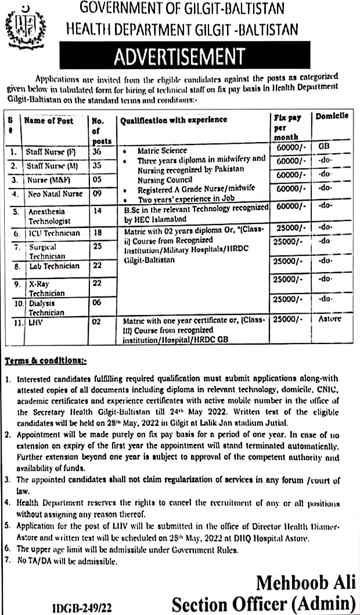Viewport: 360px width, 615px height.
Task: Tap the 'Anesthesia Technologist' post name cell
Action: tap(49, 216)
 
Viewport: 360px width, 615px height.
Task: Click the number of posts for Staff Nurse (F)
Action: tap(96, 151)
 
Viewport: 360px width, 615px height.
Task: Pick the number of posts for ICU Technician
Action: tap(98, 233)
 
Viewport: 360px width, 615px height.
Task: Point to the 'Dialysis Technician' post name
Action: tap(46, 307)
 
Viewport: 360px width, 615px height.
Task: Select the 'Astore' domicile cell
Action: tap(331, 319)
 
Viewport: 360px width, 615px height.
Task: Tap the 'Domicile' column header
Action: tap(332, 116)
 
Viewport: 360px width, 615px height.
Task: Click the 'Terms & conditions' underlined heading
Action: tap(45, 361)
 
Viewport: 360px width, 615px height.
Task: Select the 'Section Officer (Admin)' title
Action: tap(264, 603)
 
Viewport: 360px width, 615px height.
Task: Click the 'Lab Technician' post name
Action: tap(54, 266)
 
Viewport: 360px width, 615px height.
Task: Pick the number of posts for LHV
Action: tap(96, 320)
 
